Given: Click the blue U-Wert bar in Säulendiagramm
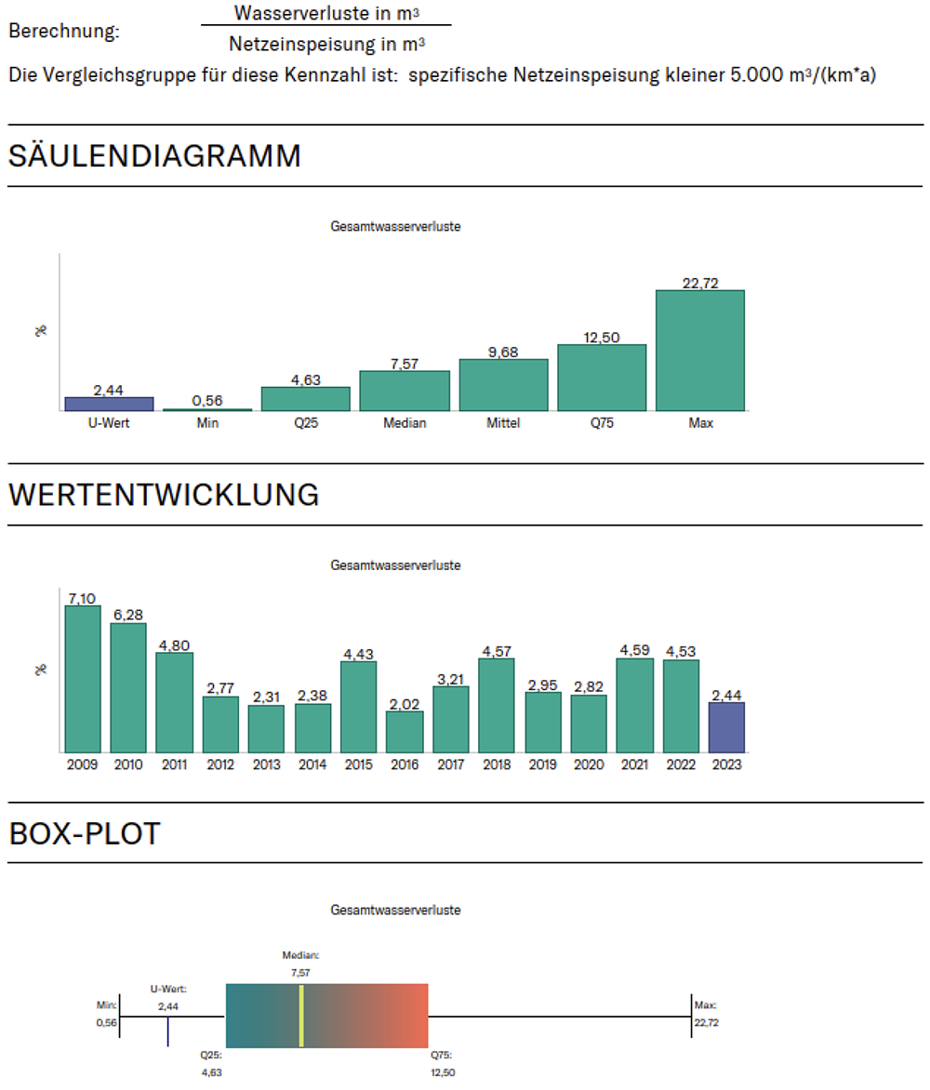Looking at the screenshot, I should pyautogui.click(x=109, y=404).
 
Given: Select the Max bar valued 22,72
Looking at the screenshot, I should pyautogui.click(x=699, y=351).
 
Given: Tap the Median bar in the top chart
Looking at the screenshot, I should pyautogui.click(x=405, y=391).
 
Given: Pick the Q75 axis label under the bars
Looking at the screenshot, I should pyautogui.click(x=601, y=423).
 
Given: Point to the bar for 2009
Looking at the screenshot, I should pyautogui.click(x=83, y=679).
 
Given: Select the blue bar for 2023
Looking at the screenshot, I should pyautogui.click(x=726, y=727).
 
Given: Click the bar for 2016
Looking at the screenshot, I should pyautogui.click(x=405, y=732).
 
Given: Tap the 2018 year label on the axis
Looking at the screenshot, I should pyautogui.click(x=497, y=765).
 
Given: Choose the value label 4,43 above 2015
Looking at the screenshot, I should pyautogui.click(x=359, y=654).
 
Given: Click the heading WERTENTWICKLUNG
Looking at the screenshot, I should pyautogui.click(x=164, y=496).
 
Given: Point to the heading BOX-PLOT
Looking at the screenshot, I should pyautogui.click(x=85, y=834).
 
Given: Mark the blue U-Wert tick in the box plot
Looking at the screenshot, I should pyautogui.click(x=167, y=1031).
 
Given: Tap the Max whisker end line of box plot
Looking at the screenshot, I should pyautogui.click(x=689, y=1017).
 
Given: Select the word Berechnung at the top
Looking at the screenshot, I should pyautogui.click(x=64, y=31).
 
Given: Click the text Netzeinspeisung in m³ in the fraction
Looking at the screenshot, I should pyautogui.click(x=327, y=43).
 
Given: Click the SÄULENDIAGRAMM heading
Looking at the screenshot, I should pyautogui.click(x=154, y=156).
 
